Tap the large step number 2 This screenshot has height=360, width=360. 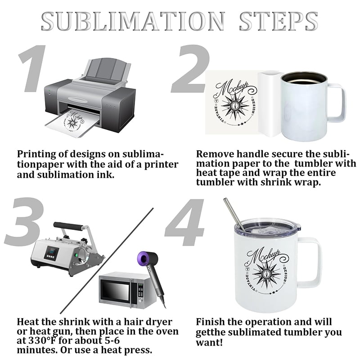click(190, 69)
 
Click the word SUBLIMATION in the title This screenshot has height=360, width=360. click(133, 21)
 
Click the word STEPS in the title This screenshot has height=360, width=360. click(279, 21)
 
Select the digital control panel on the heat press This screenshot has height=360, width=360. click(51, 253)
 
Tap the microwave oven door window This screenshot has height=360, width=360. click(116, 289)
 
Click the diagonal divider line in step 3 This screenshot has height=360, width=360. click(107, 261)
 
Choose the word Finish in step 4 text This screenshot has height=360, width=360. click(211, 322)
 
